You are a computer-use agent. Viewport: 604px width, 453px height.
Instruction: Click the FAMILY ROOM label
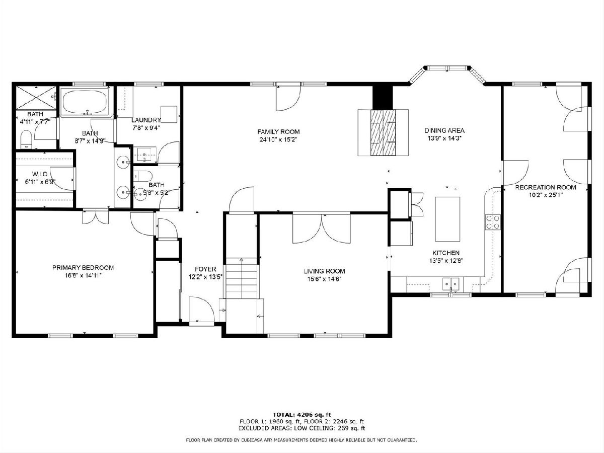tap(278, 132)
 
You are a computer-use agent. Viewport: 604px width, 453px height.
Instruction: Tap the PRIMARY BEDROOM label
tap(83, 268)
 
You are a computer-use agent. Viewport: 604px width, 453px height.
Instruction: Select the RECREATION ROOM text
tap(546, 188)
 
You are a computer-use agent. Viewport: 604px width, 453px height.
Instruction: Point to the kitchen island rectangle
tap(447, 219)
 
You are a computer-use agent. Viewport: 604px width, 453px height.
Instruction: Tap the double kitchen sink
tap(450, 284)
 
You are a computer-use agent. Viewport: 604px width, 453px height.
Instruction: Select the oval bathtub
tap(85, 101)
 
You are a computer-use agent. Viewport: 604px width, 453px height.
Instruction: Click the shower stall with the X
tap(36, 98)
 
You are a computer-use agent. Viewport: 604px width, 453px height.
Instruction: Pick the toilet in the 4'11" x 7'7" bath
tap(26, 139)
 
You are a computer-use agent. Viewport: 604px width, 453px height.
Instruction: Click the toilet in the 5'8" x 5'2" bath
tap(143, 175)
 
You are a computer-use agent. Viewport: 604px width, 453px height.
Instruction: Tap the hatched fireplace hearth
tap(383, 133)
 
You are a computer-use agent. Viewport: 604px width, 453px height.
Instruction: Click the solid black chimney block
tap(383, 98)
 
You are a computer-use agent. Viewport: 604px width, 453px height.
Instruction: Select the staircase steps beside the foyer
tap(242, 278)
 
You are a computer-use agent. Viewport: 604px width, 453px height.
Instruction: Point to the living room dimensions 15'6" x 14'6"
tap(325, 279)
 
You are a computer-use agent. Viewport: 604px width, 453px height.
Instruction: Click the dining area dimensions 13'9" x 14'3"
tap(444, 138)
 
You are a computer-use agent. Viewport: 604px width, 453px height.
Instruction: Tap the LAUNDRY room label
tap(146, 120)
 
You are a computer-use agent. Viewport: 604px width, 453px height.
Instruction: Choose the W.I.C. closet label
tap(40, 174)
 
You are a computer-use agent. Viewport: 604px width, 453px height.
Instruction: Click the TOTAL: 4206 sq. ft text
tap(301, 415)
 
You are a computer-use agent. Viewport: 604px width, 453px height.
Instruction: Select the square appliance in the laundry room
tap(169, 114)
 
